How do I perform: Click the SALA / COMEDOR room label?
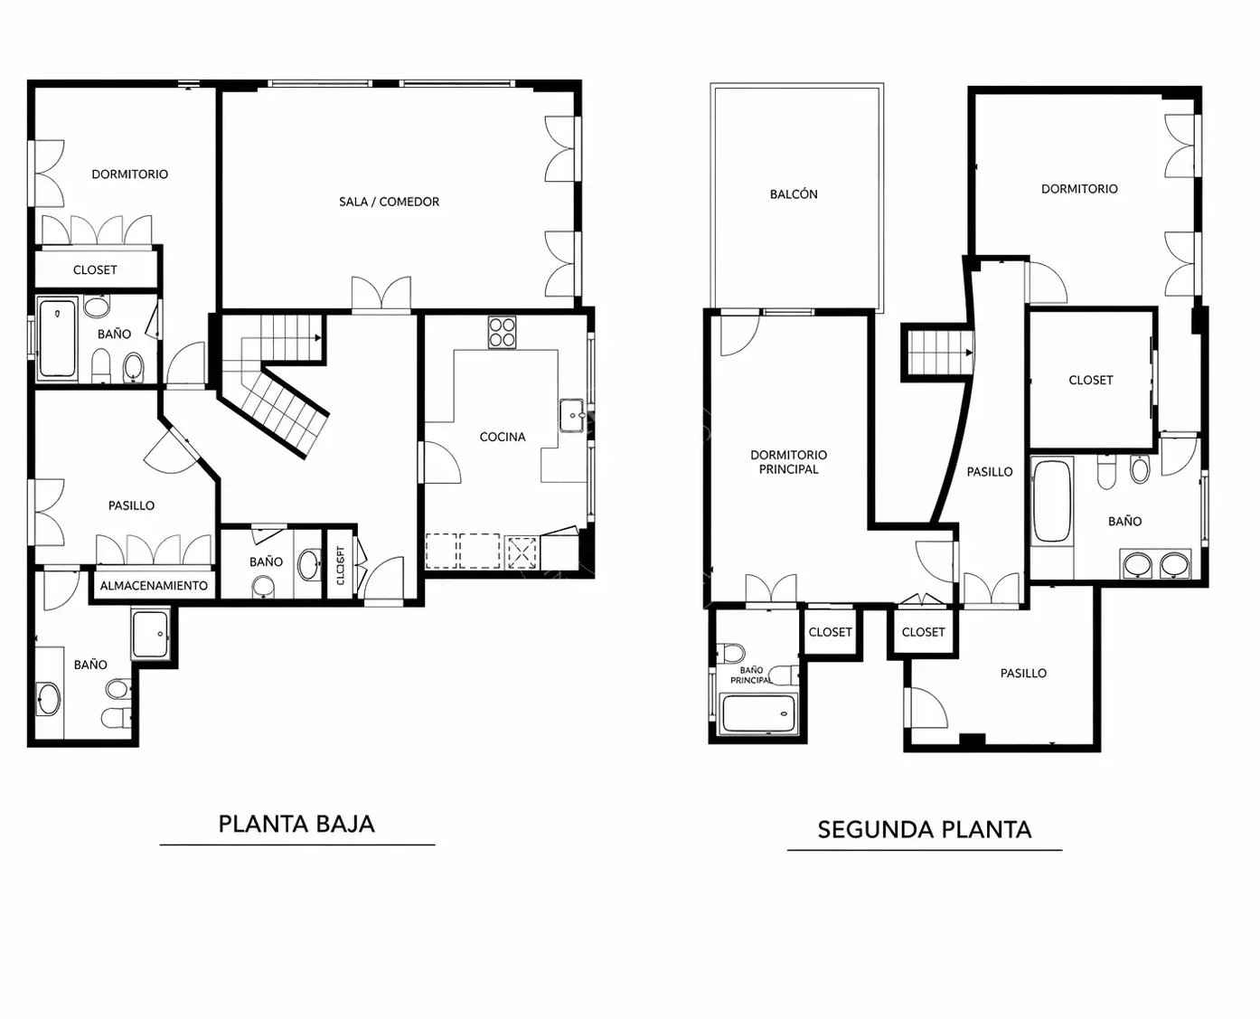click(x=389, y=202)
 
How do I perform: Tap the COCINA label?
click(x=503, y=437)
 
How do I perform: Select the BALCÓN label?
click(x=794, y=193)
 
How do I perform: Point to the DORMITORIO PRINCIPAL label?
click(x=788, y=461)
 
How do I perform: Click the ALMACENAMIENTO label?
click(x=154, y=586)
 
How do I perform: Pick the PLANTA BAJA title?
click(x=296, y=825)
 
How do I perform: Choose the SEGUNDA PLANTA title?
click(x=925, y=830)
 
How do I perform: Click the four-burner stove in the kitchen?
click(x=502, y=333)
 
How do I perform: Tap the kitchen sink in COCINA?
click(x=572, y=415)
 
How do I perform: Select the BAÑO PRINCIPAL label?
click(x=751, y=675)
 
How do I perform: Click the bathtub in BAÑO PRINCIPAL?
click(x=758, y=713)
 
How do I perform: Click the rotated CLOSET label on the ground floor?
click(x=341, y=565)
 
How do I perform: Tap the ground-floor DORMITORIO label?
click(x=129, y=174)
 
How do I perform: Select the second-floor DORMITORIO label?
click(x=1079, y=189)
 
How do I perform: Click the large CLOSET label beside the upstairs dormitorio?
click(x=1091, y=380)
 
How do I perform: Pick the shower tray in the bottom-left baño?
click(x=150, y=635)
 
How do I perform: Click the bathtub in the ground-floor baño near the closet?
click(x=57, y=338)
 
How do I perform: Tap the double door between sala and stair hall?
click(x=381, y=293)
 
